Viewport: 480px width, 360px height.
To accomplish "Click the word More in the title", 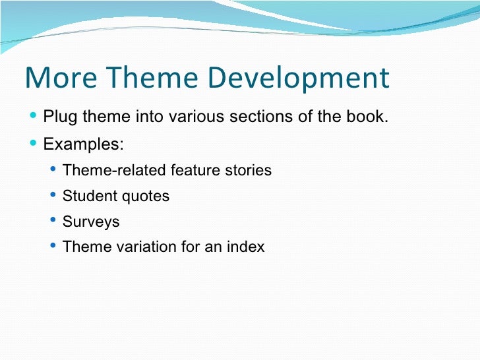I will click(55, 78).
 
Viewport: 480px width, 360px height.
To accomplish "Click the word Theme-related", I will click(115, 170).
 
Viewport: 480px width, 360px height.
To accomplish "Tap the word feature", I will click(195, 170).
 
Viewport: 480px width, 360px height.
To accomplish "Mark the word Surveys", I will click(91, 222).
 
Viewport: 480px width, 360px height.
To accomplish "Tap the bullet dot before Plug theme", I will click(34, 117).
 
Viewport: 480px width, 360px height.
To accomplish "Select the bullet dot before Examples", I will click(34, 143).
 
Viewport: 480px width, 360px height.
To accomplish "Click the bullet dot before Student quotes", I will click(53, 195).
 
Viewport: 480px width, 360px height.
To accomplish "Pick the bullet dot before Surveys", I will click(53, 220).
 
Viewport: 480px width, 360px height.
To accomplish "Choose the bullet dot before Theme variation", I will click(53, 246).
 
